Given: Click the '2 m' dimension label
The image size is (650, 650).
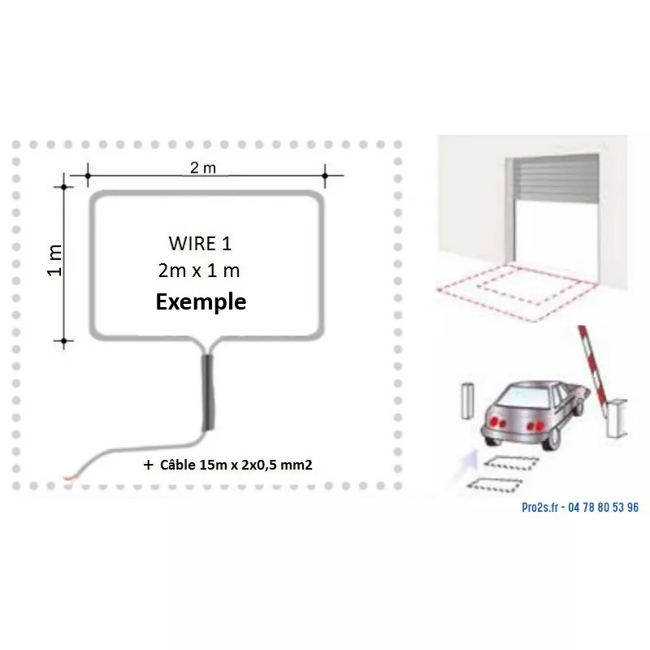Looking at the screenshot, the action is click(x=202, y=168).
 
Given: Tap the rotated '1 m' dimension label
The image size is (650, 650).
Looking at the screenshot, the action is click(x=54, y=260).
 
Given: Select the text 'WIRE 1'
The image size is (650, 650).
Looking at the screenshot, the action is click(x=200, y=243).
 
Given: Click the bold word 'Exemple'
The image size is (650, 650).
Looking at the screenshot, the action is click(x=201, y=301).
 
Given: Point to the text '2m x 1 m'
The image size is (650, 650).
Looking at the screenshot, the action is click(x=199, y=271).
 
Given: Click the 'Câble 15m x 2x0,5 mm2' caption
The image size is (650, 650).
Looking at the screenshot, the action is click(x=236, y=465).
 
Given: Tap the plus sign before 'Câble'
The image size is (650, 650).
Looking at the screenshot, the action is click(x=148, y=465).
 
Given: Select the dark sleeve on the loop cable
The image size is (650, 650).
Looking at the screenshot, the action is click(x=208, y=392).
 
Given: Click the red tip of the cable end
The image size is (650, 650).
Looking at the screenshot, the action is click(x=70, y=478).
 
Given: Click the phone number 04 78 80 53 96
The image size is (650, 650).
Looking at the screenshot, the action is click(x=603, y=507).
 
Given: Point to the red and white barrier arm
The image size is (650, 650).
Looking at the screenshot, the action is click(x=593, y=366).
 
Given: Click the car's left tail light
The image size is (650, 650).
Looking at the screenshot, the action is click(x=496, y=422).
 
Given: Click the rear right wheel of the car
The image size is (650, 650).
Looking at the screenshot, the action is click(x=552, y=439).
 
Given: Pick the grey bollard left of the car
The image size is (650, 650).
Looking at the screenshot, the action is click(x=468, y=401).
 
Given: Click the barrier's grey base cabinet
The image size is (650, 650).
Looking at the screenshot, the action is click(x=617, y=418).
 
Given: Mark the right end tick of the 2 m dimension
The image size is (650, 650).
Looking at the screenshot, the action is click(x=325, y=175).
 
